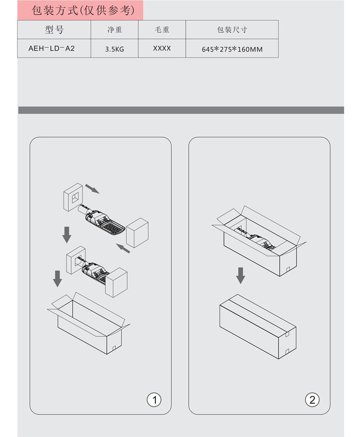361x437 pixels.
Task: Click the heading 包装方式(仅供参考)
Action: pyautogui.click(x=83, y=11)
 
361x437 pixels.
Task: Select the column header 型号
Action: pyautogui.click(x=54, y=29)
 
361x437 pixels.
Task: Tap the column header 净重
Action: pyautogui.click(x=115, y=29)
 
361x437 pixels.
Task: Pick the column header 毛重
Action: pyautogui.click(x=162, y=29)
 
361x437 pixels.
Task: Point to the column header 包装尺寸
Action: pyautogui.click(x=232, y=29)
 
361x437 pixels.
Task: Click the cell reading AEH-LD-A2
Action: pyautogui.click(x=52, y=49)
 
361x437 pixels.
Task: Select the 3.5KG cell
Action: pyautogui.click(x=115, y=49)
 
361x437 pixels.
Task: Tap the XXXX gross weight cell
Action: pyautogui.click(x=162, y=49)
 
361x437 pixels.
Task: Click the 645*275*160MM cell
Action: pyautogui.click(x=232, y=49)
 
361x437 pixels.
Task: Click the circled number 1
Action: pyautogui.click(x=154, y=400)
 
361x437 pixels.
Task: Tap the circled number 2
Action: pyautogui.click(x=312, y=400)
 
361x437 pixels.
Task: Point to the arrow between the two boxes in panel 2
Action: pyautogui.click(x=241, y=276)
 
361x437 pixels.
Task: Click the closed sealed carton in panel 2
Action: pyautogui.click(x=258, y=327)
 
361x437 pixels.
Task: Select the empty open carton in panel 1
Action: pyautogui.click(x=89, y=323)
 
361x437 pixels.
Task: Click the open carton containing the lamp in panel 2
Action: pyautogui.click(x=259, y=241)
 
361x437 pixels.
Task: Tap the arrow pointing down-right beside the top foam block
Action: pyautogui.click(x=92, y=189)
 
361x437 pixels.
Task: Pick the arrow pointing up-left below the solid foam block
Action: pyautogui.click(x=123, y=248)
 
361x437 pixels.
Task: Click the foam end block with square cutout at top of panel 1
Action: pyautogui.click(x=73, y=197)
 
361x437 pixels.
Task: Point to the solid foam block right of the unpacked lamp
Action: pyautogui.click(x=137, y=233)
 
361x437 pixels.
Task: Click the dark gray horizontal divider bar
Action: pyautogui.click(x=181, y=110)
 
